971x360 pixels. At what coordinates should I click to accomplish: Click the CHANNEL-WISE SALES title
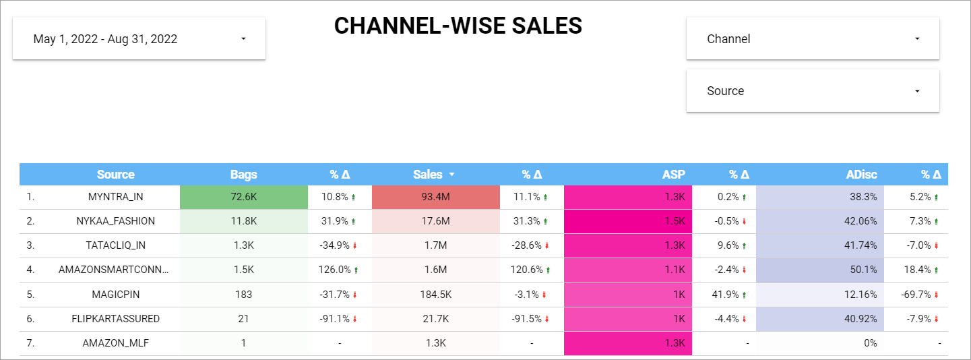[x=458, y=26]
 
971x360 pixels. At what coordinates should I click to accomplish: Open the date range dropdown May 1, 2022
[x=139, y=39]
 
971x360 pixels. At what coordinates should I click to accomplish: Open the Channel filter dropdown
[x=812, y=39]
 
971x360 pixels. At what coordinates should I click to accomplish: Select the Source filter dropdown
[x=812, y=91]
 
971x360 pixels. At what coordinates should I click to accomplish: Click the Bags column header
[x=243, y=175]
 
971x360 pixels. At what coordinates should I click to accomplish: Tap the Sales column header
[x=428, y=175]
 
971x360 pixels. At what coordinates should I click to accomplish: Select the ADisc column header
[x=861, y=175]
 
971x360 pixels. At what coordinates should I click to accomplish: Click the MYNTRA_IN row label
[x=115, y=197]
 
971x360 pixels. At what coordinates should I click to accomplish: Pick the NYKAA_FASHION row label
[x=115, y=221]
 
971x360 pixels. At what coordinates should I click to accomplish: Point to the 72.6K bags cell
[x=243, y=197]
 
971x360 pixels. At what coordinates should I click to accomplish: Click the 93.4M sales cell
[x=435, y=197]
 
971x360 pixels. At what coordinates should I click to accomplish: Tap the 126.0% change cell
[x=336, y=270]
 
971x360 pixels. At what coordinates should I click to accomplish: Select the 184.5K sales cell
[x=435, y=295]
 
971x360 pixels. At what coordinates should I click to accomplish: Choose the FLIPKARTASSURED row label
[x=115, y=319]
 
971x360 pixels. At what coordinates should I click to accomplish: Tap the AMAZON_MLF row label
[x=115, y=343]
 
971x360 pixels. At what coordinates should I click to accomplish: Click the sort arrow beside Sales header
[x=452, y=175]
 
